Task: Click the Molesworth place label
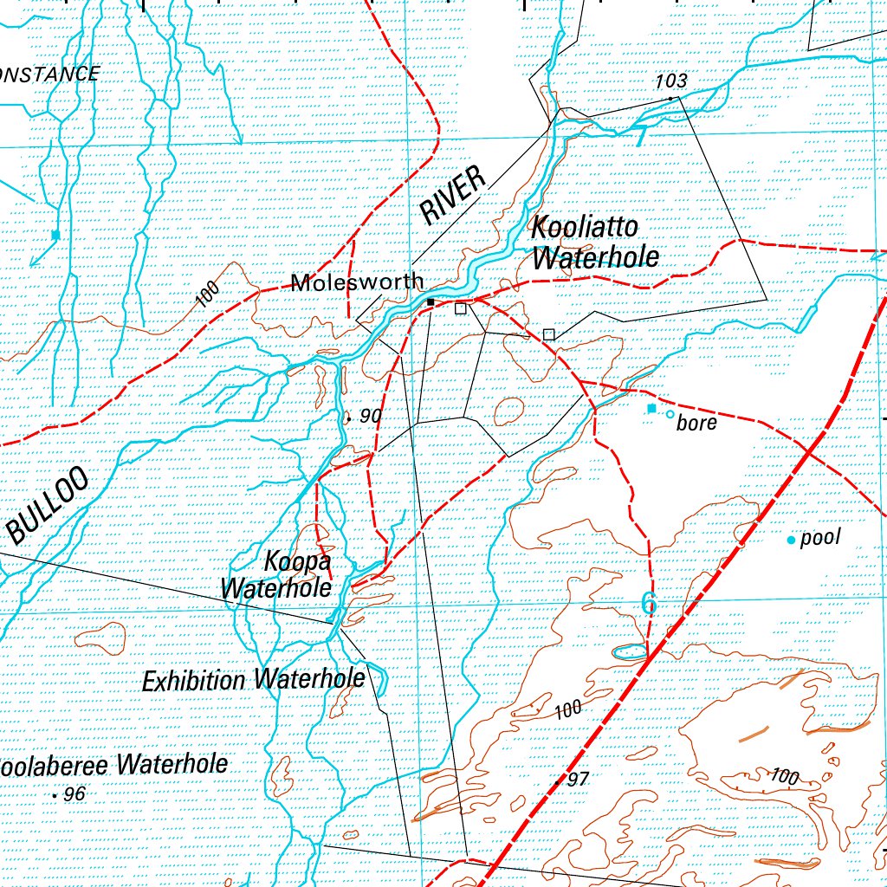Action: point(358,282)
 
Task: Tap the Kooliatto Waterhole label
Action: point(595,243)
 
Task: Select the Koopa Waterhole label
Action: point(276,573)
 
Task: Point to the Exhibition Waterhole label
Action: point(253,679)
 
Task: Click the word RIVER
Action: point(452,197)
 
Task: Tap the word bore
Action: point(696,424)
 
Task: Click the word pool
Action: point(820,539)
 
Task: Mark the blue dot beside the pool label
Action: point(791,541)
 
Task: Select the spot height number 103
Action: point(670,81)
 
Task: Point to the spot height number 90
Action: point(370,416)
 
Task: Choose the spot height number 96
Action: point(74,793)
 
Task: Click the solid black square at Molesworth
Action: point(431,301)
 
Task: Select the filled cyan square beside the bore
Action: point(652,408)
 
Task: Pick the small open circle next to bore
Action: point(670,415)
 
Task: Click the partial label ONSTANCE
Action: point(49,74)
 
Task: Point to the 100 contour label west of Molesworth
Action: point(207,295)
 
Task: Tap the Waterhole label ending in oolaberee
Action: point(113,765)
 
